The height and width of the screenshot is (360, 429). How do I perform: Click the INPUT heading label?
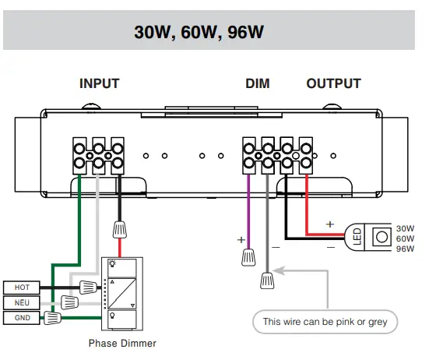[x=99, y=83]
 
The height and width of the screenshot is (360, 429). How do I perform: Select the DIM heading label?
[x=257, y=83]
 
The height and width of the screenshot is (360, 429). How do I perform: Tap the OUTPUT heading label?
[x=333, y=83]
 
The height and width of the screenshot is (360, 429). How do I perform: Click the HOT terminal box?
[x=22, y=288]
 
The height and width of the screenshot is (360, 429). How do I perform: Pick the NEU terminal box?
[x=22, y=302]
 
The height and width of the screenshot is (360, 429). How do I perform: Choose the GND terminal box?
[x=22, y=317]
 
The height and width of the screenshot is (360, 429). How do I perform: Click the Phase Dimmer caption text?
[x=122, y=343]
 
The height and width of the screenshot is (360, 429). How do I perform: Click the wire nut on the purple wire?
[x=248, y=255]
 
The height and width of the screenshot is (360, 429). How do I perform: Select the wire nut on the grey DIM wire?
[x=267, y=279]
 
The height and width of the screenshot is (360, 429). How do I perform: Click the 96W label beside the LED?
[x=405, y=249]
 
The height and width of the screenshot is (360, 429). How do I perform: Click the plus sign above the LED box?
[x=329, y=223]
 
